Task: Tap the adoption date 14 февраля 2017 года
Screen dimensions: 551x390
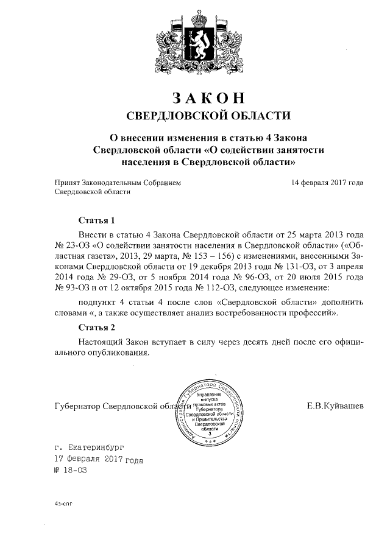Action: click(328, 182)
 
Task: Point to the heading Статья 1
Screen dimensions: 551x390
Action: click(96, 220)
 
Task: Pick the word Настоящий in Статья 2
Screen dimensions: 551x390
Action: click(101, 342)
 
